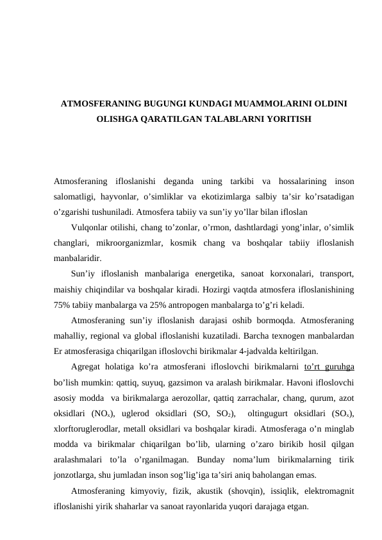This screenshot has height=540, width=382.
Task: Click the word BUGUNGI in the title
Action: [167, 103]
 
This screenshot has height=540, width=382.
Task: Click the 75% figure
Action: [63, 305]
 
